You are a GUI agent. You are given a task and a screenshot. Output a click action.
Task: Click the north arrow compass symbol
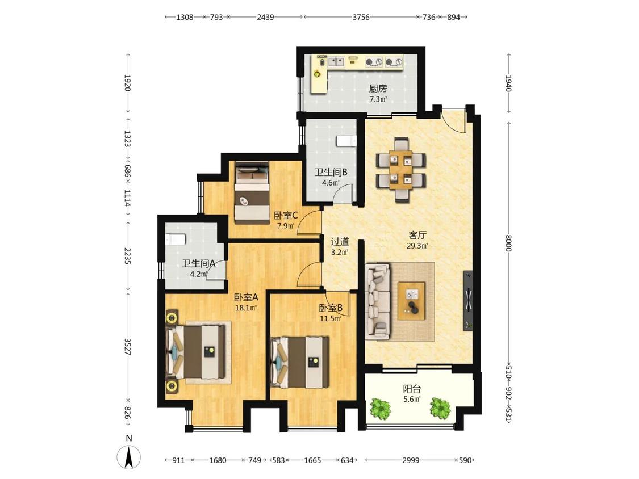(129, 457)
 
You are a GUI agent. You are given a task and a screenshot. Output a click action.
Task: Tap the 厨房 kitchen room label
(378, 89)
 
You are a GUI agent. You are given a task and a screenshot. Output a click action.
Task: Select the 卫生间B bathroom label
(331, 173)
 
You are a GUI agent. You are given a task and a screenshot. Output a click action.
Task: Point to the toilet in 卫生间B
(346, 141)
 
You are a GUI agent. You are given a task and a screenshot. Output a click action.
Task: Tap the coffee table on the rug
(411, 301)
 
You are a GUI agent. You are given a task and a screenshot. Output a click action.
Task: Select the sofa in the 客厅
(377, 301)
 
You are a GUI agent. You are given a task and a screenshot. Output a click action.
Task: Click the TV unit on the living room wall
(468, 301)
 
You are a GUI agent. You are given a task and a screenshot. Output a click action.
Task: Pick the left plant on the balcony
(380, 408)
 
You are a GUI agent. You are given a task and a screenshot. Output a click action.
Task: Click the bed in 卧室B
(300, 362)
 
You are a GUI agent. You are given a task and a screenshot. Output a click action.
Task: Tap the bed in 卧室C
(252, 192)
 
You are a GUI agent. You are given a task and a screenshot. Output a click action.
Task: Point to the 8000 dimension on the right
(508, 243)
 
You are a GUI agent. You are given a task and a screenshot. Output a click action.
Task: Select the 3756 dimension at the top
(361, 17)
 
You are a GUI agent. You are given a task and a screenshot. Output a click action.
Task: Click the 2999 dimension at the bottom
(411, 460)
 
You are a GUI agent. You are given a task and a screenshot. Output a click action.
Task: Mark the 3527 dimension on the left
(127, 347)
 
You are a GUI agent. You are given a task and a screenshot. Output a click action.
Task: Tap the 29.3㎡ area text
(417, 246)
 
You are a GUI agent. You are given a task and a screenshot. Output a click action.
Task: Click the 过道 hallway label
(340, 242)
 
